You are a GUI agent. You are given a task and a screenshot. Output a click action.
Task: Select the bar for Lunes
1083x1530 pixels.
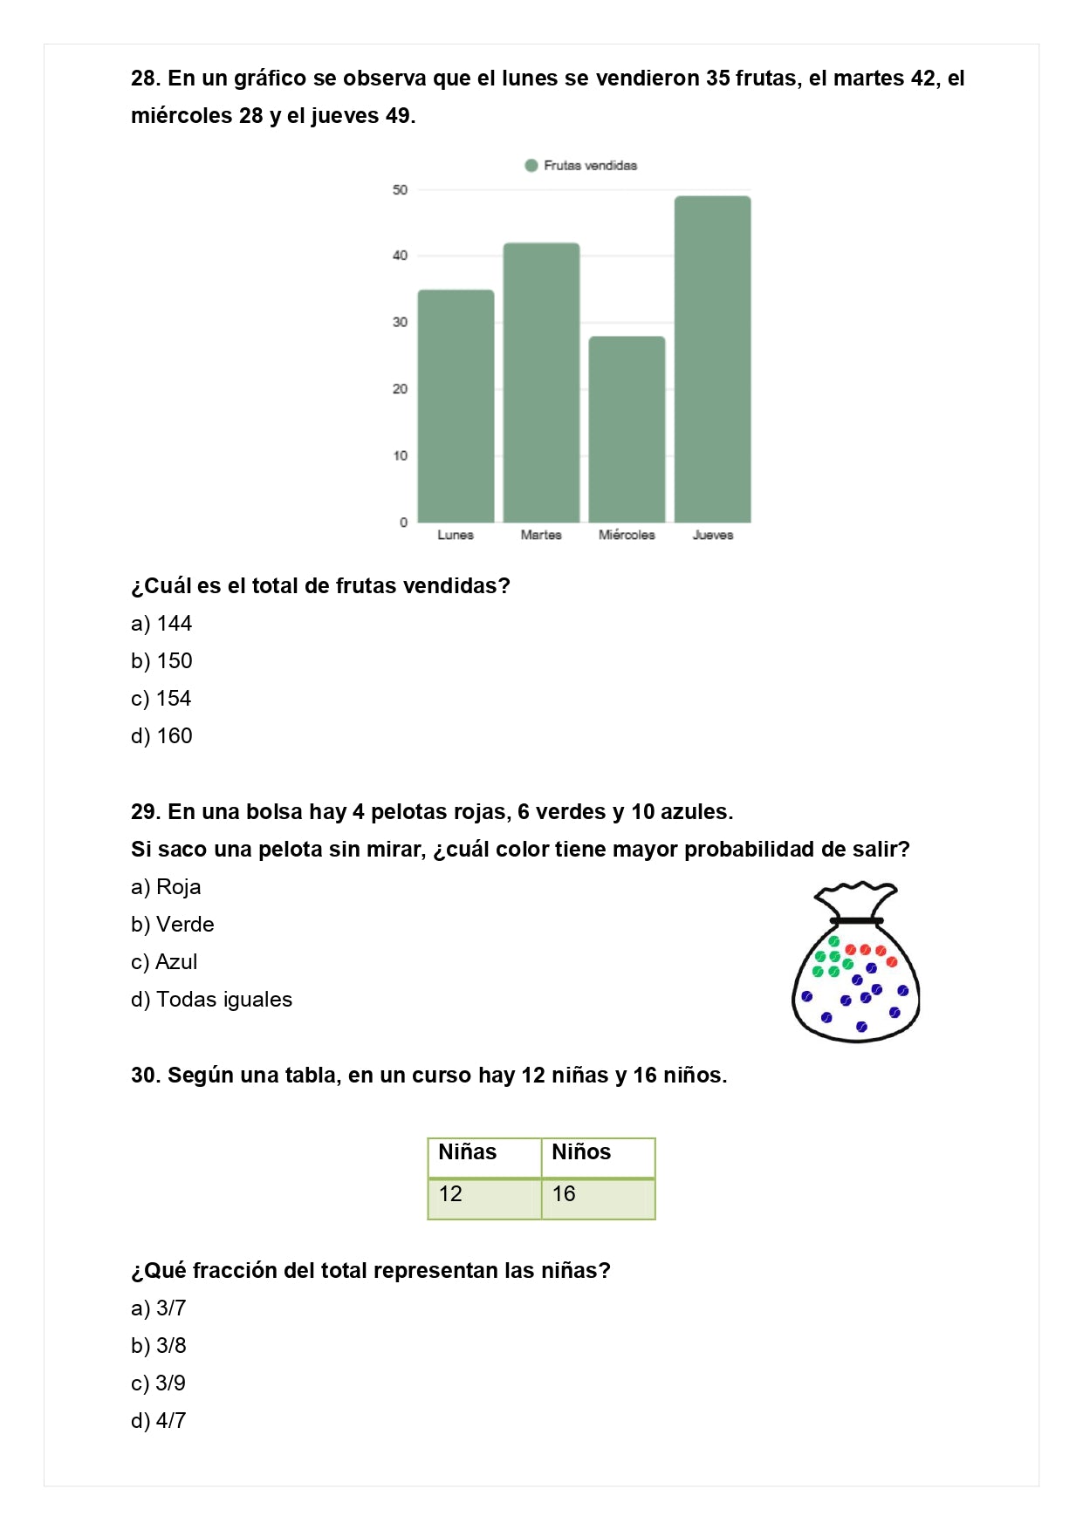(x=456, y=406)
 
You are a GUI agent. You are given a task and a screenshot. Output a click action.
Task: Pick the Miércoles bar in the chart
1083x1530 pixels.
(x=627, y=429)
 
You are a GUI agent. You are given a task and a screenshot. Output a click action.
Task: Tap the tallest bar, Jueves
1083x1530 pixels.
(x=712, y=359)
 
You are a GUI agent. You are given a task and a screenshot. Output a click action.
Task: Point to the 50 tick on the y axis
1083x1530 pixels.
(x=400, y=189)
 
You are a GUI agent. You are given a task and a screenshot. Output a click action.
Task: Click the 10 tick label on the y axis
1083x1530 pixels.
(x=400, y=455)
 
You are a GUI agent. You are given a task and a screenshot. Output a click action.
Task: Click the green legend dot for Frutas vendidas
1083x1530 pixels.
(x=531, y=166)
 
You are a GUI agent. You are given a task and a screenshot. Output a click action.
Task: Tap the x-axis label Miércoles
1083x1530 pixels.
(x=627, y=535)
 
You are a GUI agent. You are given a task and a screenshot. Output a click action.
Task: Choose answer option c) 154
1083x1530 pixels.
(x=161, y=699)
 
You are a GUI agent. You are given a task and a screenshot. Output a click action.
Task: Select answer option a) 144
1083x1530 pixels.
(x=161, y=624)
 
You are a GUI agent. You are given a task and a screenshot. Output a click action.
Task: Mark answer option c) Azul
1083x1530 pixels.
(x=164, y=962)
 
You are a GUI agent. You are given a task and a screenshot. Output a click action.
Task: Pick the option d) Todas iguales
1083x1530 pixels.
(x=211, y=1000)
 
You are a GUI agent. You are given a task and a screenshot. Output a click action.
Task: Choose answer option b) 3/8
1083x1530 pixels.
(x=159, y=1346)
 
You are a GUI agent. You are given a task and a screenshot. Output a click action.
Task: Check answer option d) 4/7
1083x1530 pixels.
(x=159, y=1421)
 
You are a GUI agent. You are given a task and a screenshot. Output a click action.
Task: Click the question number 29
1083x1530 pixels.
(x=145, y=812)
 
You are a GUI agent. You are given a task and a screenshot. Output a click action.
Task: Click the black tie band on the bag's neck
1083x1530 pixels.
(x=856, y=920)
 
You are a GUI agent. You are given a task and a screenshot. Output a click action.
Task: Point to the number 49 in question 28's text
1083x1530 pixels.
(x=398, y=116)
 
